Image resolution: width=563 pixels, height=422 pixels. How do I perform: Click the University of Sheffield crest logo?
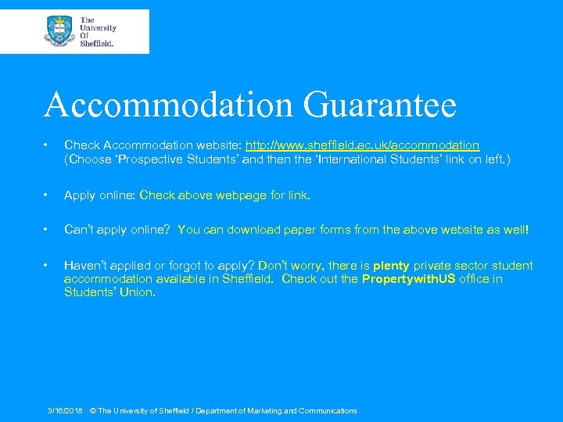click(59, 30)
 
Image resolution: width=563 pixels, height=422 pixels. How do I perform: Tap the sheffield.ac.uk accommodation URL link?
click(363, 145)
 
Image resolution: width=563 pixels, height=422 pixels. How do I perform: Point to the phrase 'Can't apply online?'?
click(117, 230)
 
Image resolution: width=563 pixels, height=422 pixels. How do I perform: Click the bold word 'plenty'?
click(391, 266)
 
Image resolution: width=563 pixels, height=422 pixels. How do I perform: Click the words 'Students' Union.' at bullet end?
click(109, 292)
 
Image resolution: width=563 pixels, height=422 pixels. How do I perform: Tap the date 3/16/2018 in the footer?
click(66, 410)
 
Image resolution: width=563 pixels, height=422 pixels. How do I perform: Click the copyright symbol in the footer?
click(93, 410)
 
